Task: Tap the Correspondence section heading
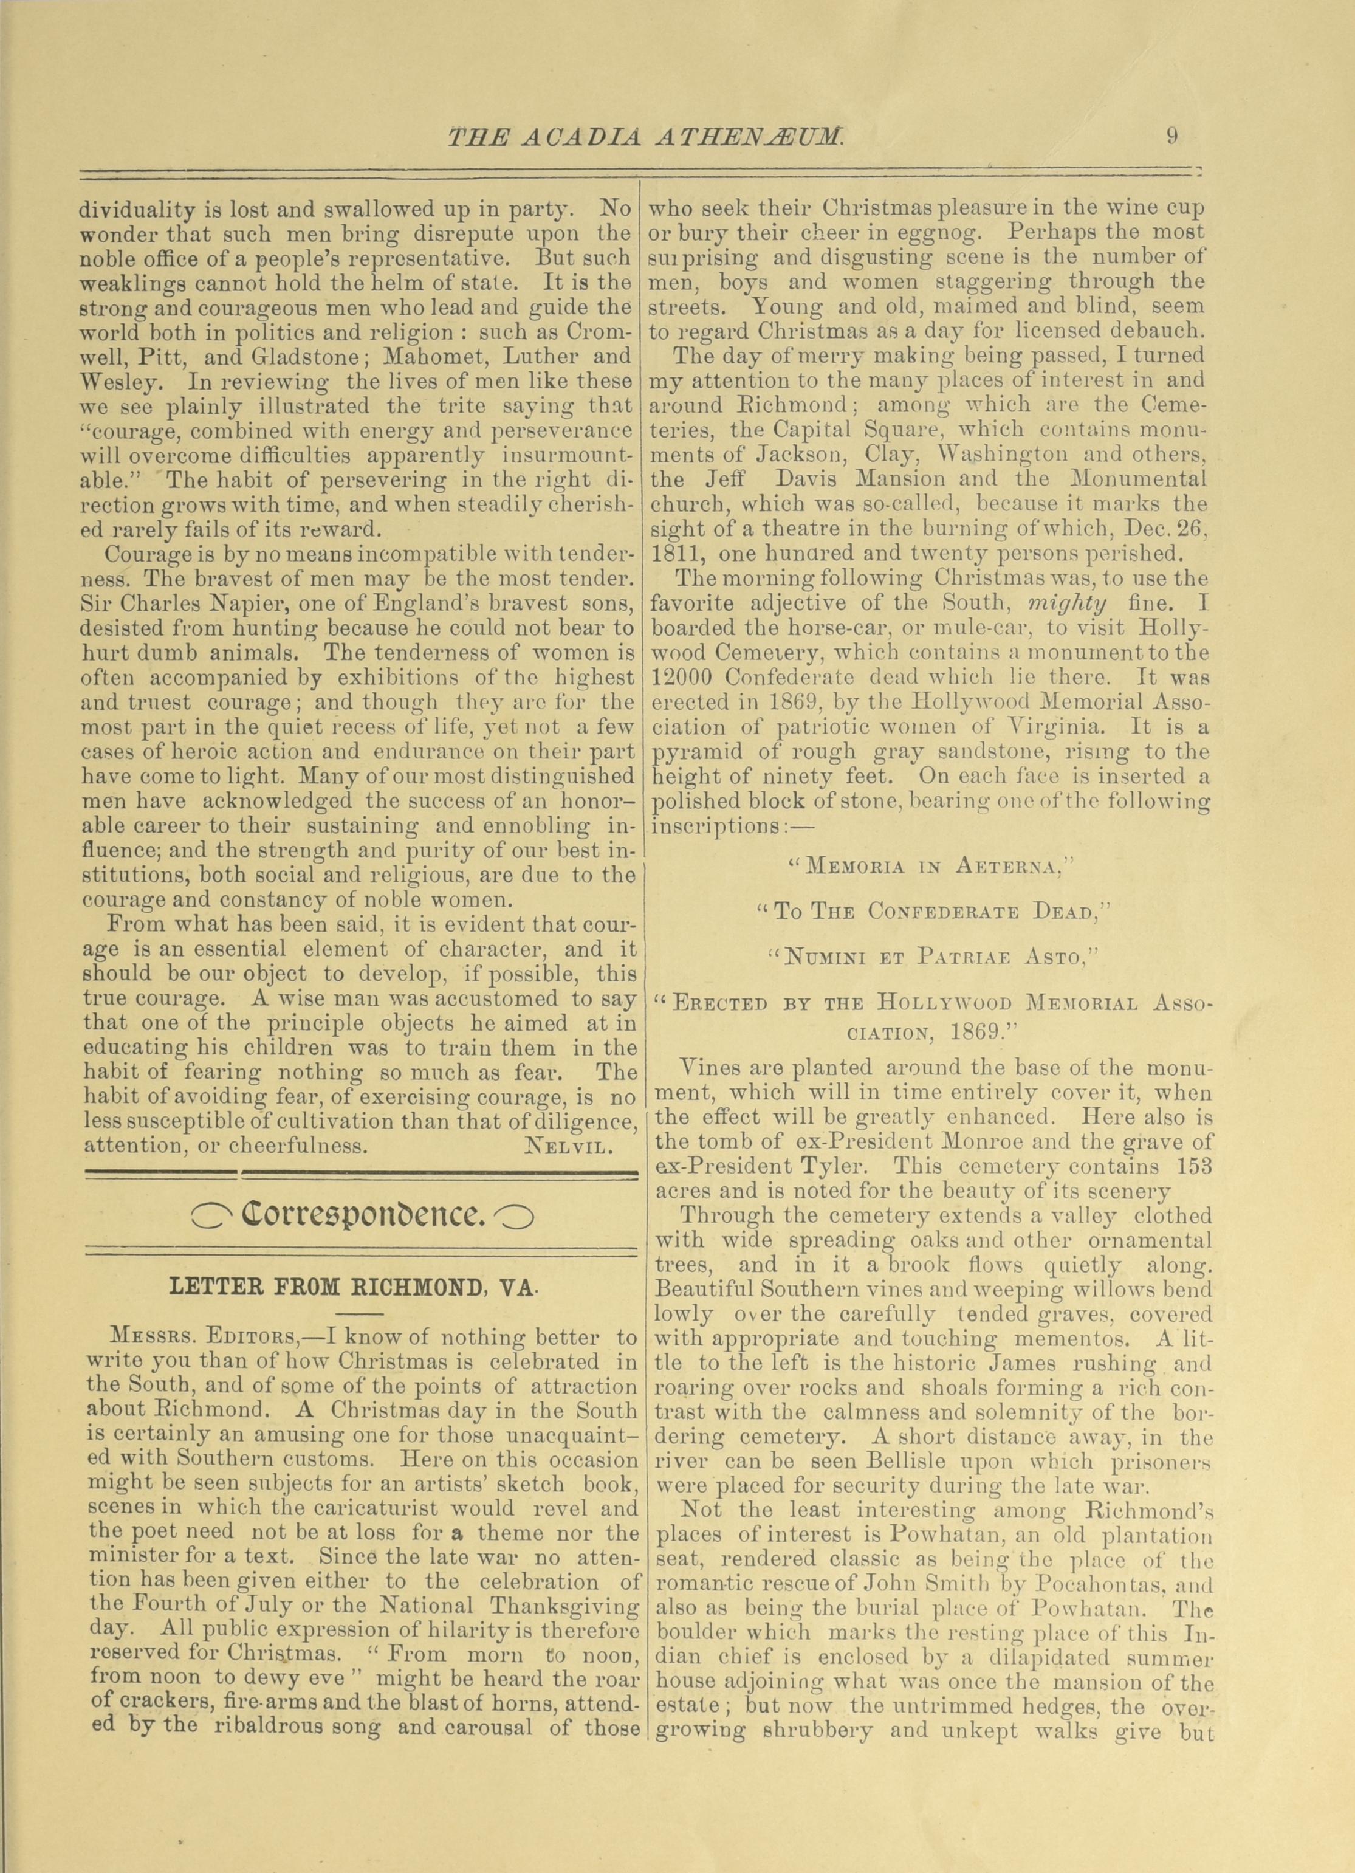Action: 361,1215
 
